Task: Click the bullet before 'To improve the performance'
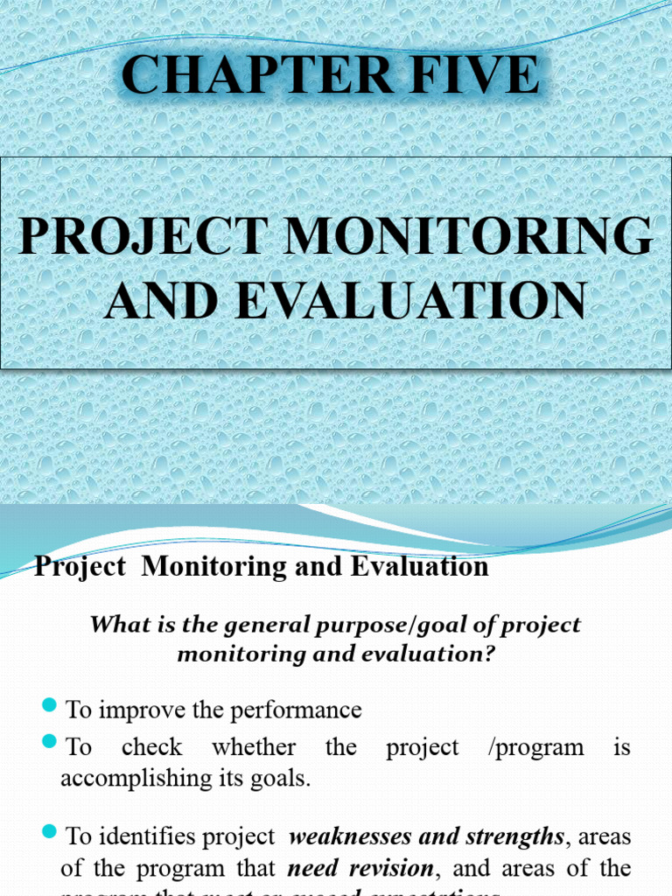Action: (49, 705)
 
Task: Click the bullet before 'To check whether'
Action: (49, 743)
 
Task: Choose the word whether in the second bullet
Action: (254, 748)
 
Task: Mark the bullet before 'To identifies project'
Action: (49, 830)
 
